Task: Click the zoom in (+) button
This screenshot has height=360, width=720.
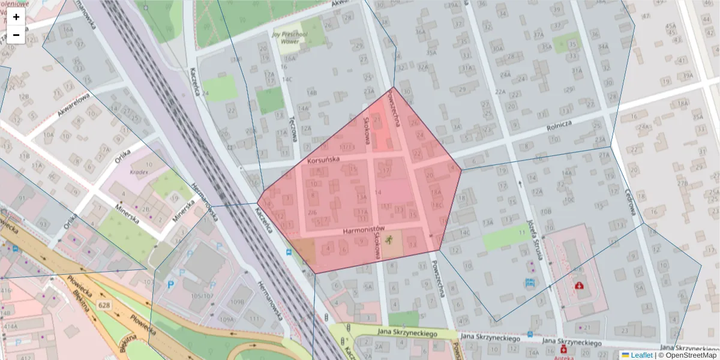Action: point(16,17)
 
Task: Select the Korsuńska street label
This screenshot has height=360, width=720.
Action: point(323,160)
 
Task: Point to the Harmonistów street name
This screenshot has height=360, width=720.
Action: point(363,230)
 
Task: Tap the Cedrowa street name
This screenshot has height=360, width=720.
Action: point(631,202)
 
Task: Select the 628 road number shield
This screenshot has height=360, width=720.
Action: point(106,306)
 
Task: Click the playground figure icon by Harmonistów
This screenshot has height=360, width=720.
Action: point(389,241)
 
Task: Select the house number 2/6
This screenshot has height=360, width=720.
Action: point(312,212)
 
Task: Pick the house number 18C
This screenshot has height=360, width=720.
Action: point(437,205)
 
